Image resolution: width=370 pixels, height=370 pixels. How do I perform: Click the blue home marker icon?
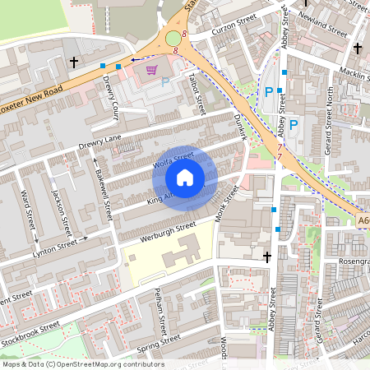(185, 178)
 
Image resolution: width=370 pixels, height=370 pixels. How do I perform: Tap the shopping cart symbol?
(150, 70)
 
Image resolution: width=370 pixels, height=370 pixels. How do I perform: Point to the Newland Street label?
(325, 24)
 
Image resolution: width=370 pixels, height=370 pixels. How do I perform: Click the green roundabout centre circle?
(173, 38)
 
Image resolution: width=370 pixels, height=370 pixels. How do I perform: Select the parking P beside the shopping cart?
(165, 82)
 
